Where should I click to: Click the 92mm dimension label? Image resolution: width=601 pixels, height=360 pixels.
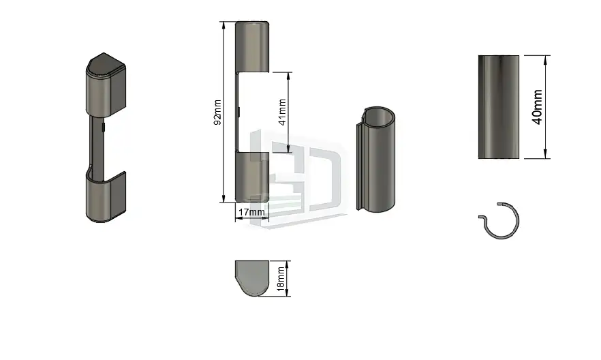point(217,112)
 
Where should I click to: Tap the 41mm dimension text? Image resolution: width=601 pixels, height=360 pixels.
point(283,112)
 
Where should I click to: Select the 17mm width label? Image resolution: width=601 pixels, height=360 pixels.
point(251,212)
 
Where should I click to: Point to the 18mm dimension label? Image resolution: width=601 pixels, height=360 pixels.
point(281,279)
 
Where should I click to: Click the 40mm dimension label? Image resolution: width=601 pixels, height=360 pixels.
point(538,107)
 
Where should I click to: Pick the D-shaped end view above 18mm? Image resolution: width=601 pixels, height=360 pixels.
point(252,278)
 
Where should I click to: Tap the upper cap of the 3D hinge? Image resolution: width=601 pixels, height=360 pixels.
point(106,85)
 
